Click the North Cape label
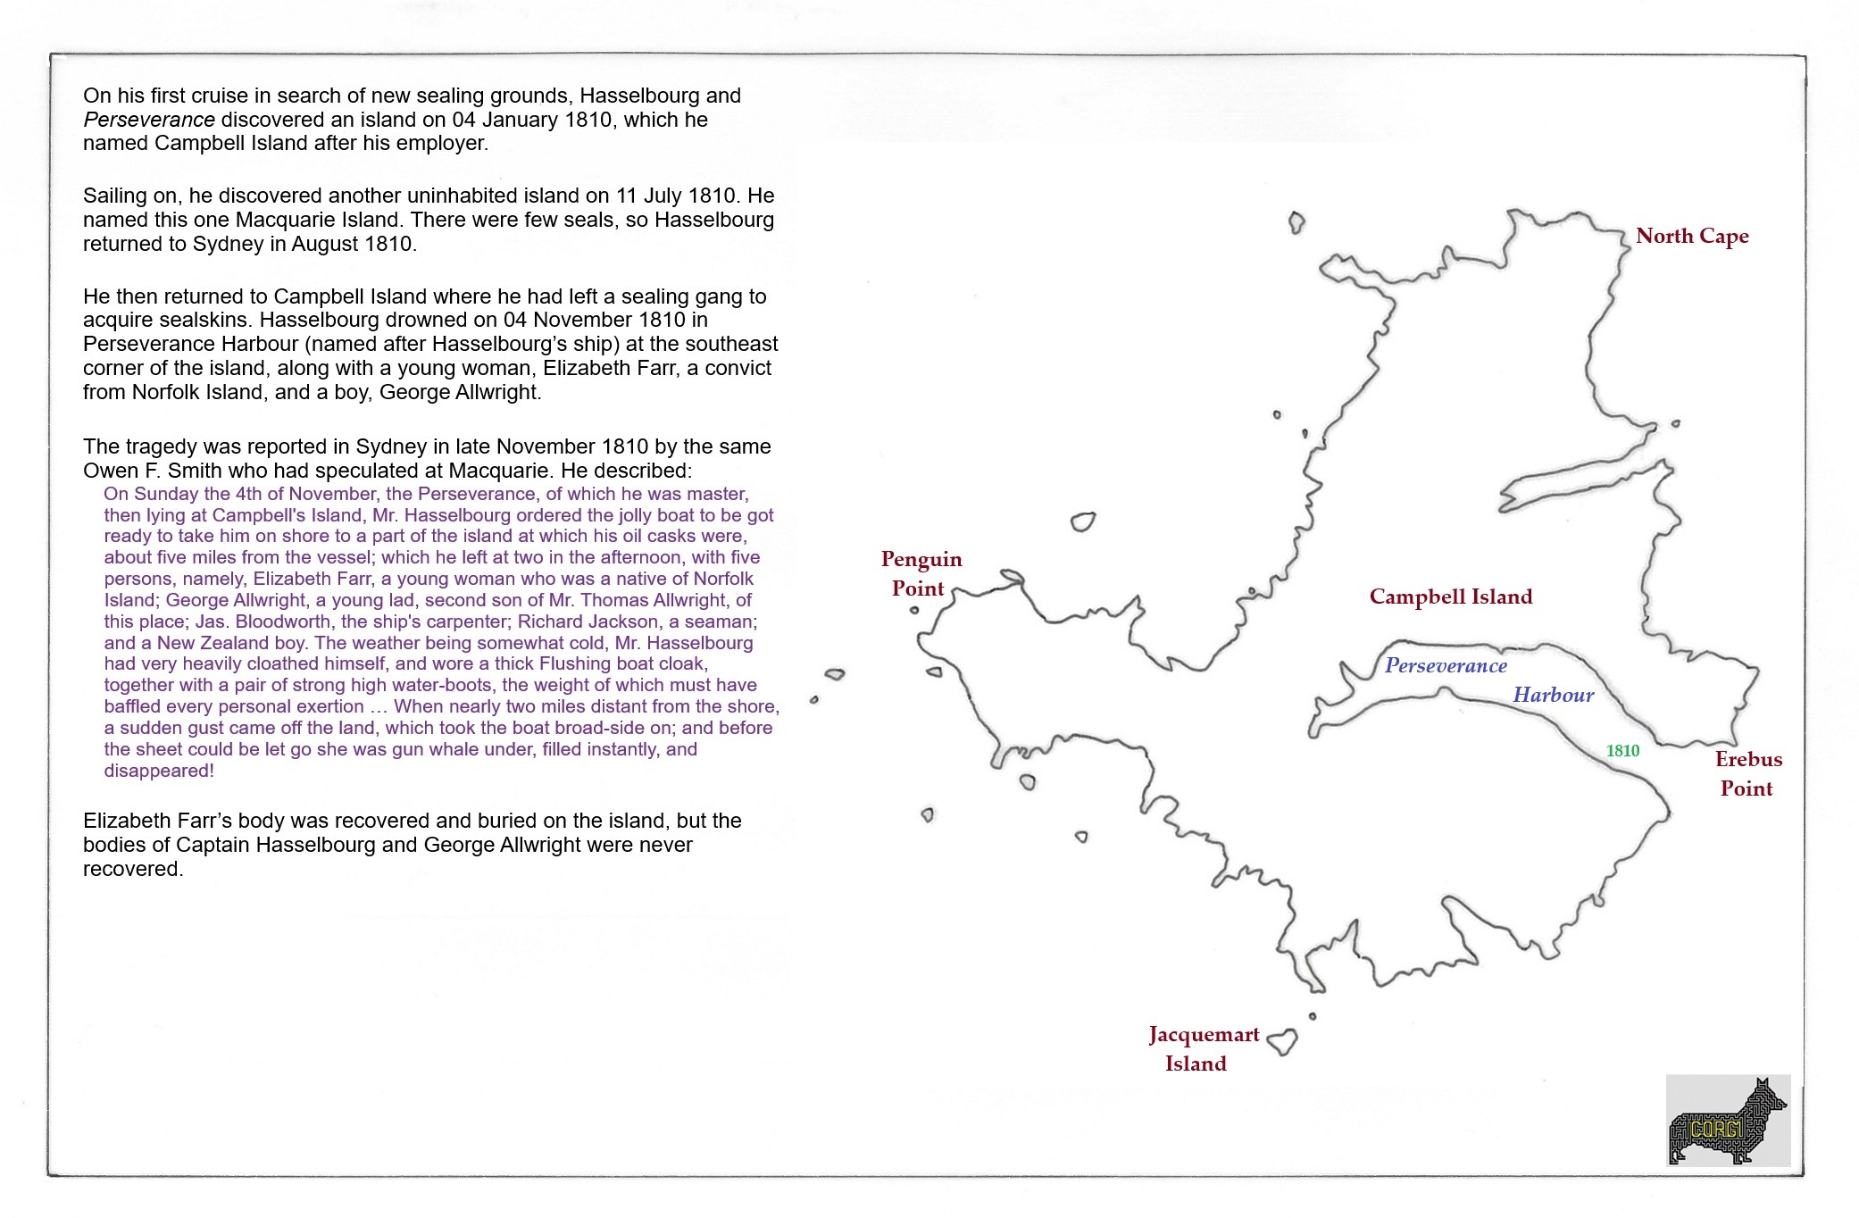click(1691, 237)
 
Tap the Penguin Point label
click(921, 573)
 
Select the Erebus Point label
click(1747, 773)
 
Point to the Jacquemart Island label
click(1203, 1048)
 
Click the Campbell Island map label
click(1450, 596)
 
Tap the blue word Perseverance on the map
click(1445, 665)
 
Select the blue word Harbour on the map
click(1553, 695)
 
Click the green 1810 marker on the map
click(1622, 751)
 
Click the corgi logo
click(1728, 1121)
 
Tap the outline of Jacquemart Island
click(1283, 1041)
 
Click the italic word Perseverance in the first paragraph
click(148, 120)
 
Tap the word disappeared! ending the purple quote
click(159, 771)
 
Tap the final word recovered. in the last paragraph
click(133, 869)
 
